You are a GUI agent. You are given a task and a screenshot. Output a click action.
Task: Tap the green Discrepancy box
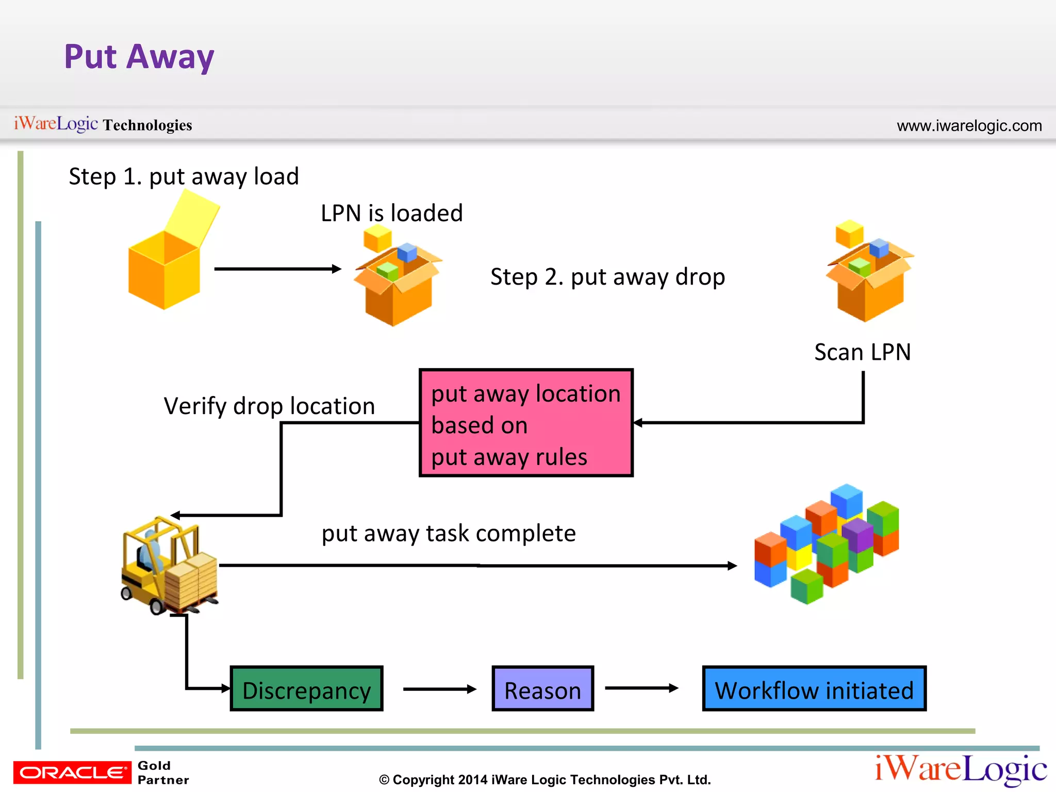[x=306, y=689]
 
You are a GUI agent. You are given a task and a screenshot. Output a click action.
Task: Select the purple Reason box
[x=542, y=689]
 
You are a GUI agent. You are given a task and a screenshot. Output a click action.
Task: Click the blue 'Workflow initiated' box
[x=814, y=689]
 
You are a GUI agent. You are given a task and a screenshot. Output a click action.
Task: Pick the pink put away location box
[x=526, y=423]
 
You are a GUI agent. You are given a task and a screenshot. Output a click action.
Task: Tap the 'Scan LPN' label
[x=862, y=352]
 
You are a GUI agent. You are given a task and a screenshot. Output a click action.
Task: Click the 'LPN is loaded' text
[x=391, y=213]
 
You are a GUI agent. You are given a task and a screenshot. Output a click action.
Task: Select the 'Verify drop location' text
[x=269, y=406]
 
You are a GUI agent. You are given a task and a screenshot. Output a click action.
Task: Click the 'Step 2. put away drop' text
[x=607, y=277]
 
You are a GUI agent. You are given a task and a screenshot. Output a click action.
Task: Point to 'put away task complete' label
[x=449, y=533]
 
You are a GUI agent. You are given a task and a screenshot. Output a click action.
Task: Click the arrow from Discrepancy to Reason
[x=439, y=689]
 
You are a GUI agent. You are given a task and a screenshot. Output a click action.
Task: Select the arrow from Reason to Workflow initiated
[x=641, y=688]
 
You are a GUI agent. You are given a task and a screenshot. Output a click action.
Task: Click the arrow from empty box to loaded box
[x=277, y=269]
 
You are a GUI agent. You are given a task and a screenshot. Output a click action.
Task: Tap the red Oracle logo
[x=72, y=772]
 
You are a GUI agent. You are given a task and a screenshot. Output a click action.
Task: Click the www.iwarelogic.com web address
[x=969, y=125]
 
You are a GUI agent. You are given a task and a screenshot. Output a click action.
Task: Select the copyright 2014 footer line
[x=544, y=780]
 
